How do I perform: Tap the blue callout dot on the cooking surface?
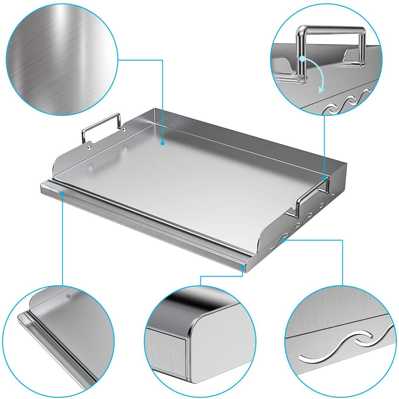click(x=163, y=143)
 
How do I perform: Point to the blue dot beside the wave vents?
click(x=283, y=240)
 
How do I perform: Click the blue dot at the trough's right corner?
click(x=243, y=266)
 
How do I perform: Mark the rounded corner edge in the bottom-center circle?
click(x=192, y=328)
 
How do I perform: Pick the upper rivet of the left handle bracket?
click(x=124, y=129)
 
